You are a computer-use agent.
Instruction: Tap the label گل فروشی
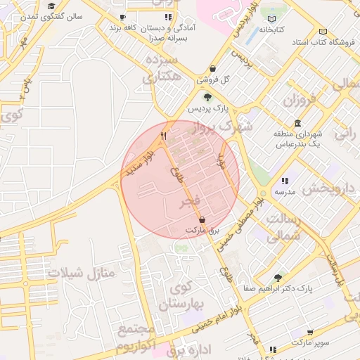click(216, 79)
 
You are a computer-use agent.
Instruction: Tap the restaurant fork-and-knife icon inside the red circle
click(163, 135)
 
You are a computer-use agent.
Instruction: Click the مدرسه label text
click(285, 191)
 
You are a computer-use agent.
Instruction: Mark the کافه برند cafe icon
click(123, 17)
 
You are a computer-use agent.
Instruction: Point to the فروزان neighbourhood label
click(302, 100)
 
